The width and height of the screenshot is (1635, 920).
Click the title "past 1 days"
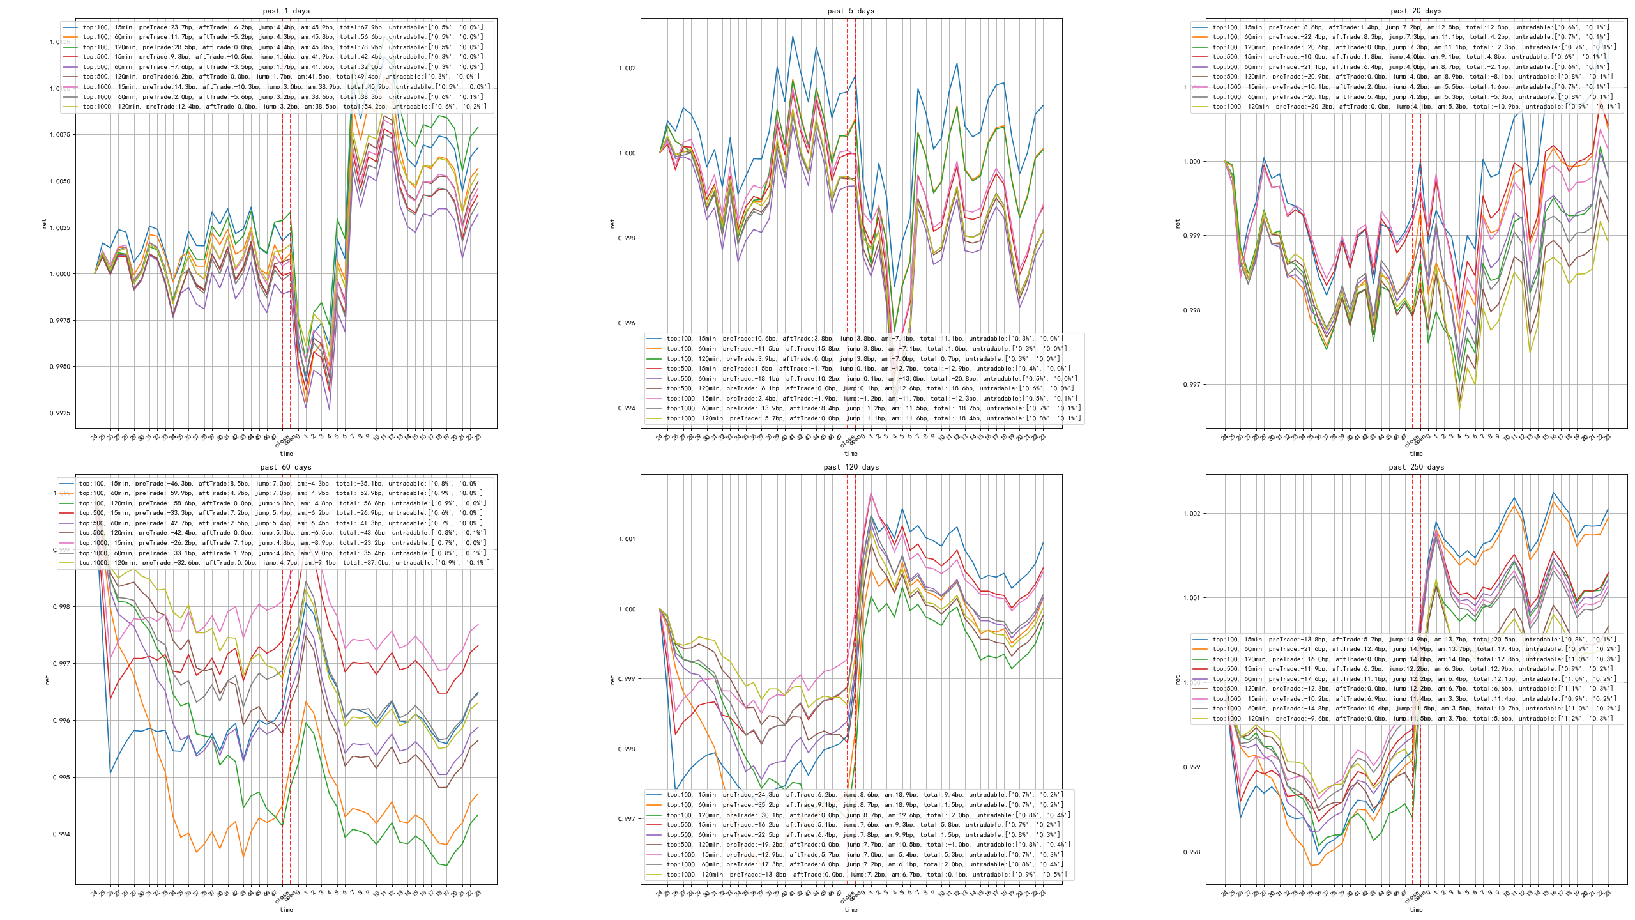pyautogui.click(x=286, y=11)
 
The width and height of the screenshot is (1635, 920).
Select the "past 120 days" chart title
pyautogui.click(x=851, y=467)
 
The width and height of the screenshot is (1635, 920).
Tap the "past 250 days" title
pyautogui.click(x=1416, y=467)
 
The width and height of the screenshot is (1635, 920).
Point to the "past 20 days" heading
pyautogui.click(x=1416, y=11)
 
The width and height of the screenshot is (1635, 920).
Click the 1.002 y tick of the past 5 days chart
pyautogui.click(x=627, y=68)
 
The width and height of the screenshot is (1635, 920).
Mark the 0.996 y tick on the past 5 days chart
pyautogui.click(x=627, y=323)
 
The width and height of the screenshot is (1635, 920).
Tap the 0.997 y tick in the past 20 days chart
pyautogui.click(x=1192, y=385)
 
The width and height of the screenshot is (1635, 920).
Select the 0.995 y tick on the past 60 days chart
pyautogui.click(x=61, y=778)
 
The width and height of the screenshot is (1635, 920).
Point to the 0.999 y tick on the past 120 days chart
pyautogui.click(x=627, y=679)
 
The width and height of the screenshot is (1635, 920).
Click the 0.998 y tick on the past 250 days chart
pyautogui.click(x=1192, y=852)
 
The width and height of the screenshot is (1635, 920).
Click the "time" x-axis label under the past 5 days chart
pyautogui.click(x=851, y=454)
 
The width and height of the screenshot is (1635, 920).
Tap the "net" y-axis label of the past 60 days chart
pyautogui.click(x=47, y=680)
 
